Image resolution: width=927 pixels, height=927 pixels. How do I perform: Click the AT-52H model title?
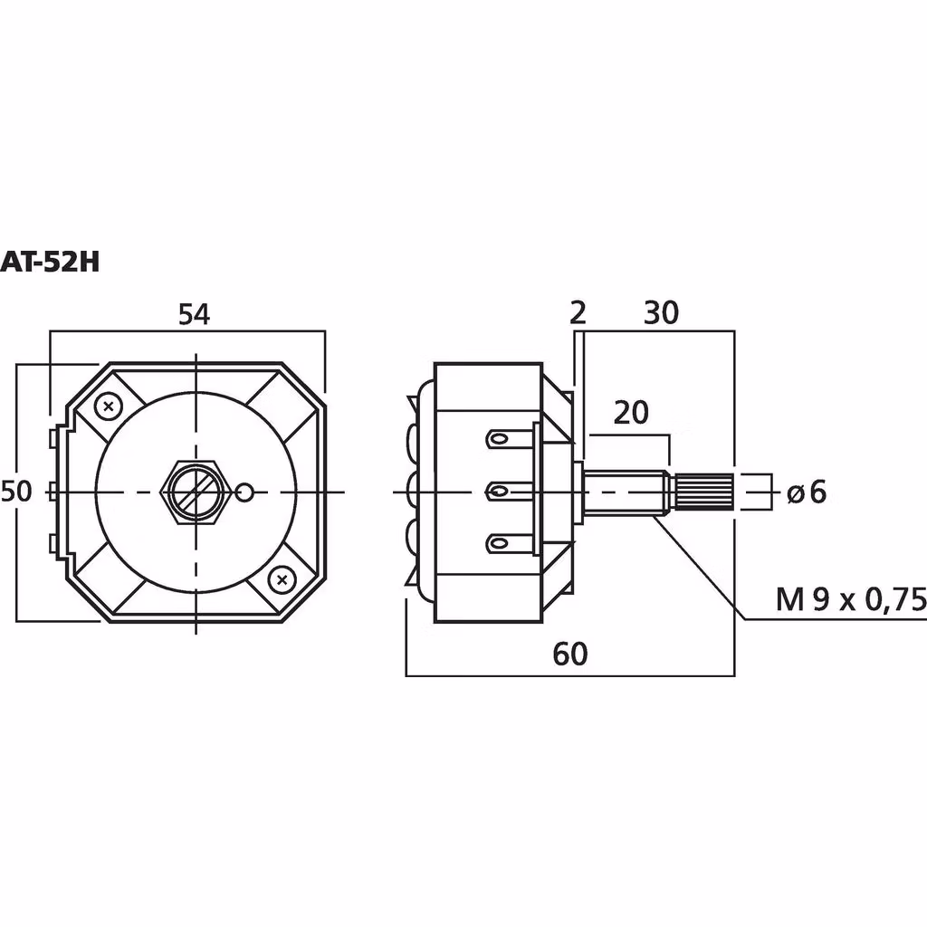point(50,262)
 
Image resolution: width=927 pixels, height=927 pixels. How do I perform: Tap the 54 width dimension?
point(194,314)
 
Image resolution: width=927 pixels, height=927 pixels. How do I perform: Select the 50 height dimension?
point(16,492)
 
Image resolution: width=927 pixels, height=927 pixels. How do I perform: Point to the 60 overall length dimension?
point(570,654)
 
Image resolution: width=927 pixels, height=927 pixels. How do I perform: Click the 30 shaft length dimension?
point(661,312)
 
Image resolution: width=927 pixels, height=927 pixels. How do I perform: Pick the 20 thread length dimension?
point(631,413)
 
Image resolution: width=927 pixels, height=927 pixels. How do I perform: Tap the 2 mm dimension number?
point(578,312)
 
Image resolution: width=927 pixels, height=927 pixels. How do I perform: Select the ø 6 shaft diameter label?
point(807,492)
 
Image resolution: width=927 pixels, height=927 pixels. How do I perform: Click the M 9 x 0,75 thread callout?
point(851,600)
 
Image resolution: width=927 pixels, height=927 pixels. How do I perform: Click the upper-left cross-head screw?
point(109,406)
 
